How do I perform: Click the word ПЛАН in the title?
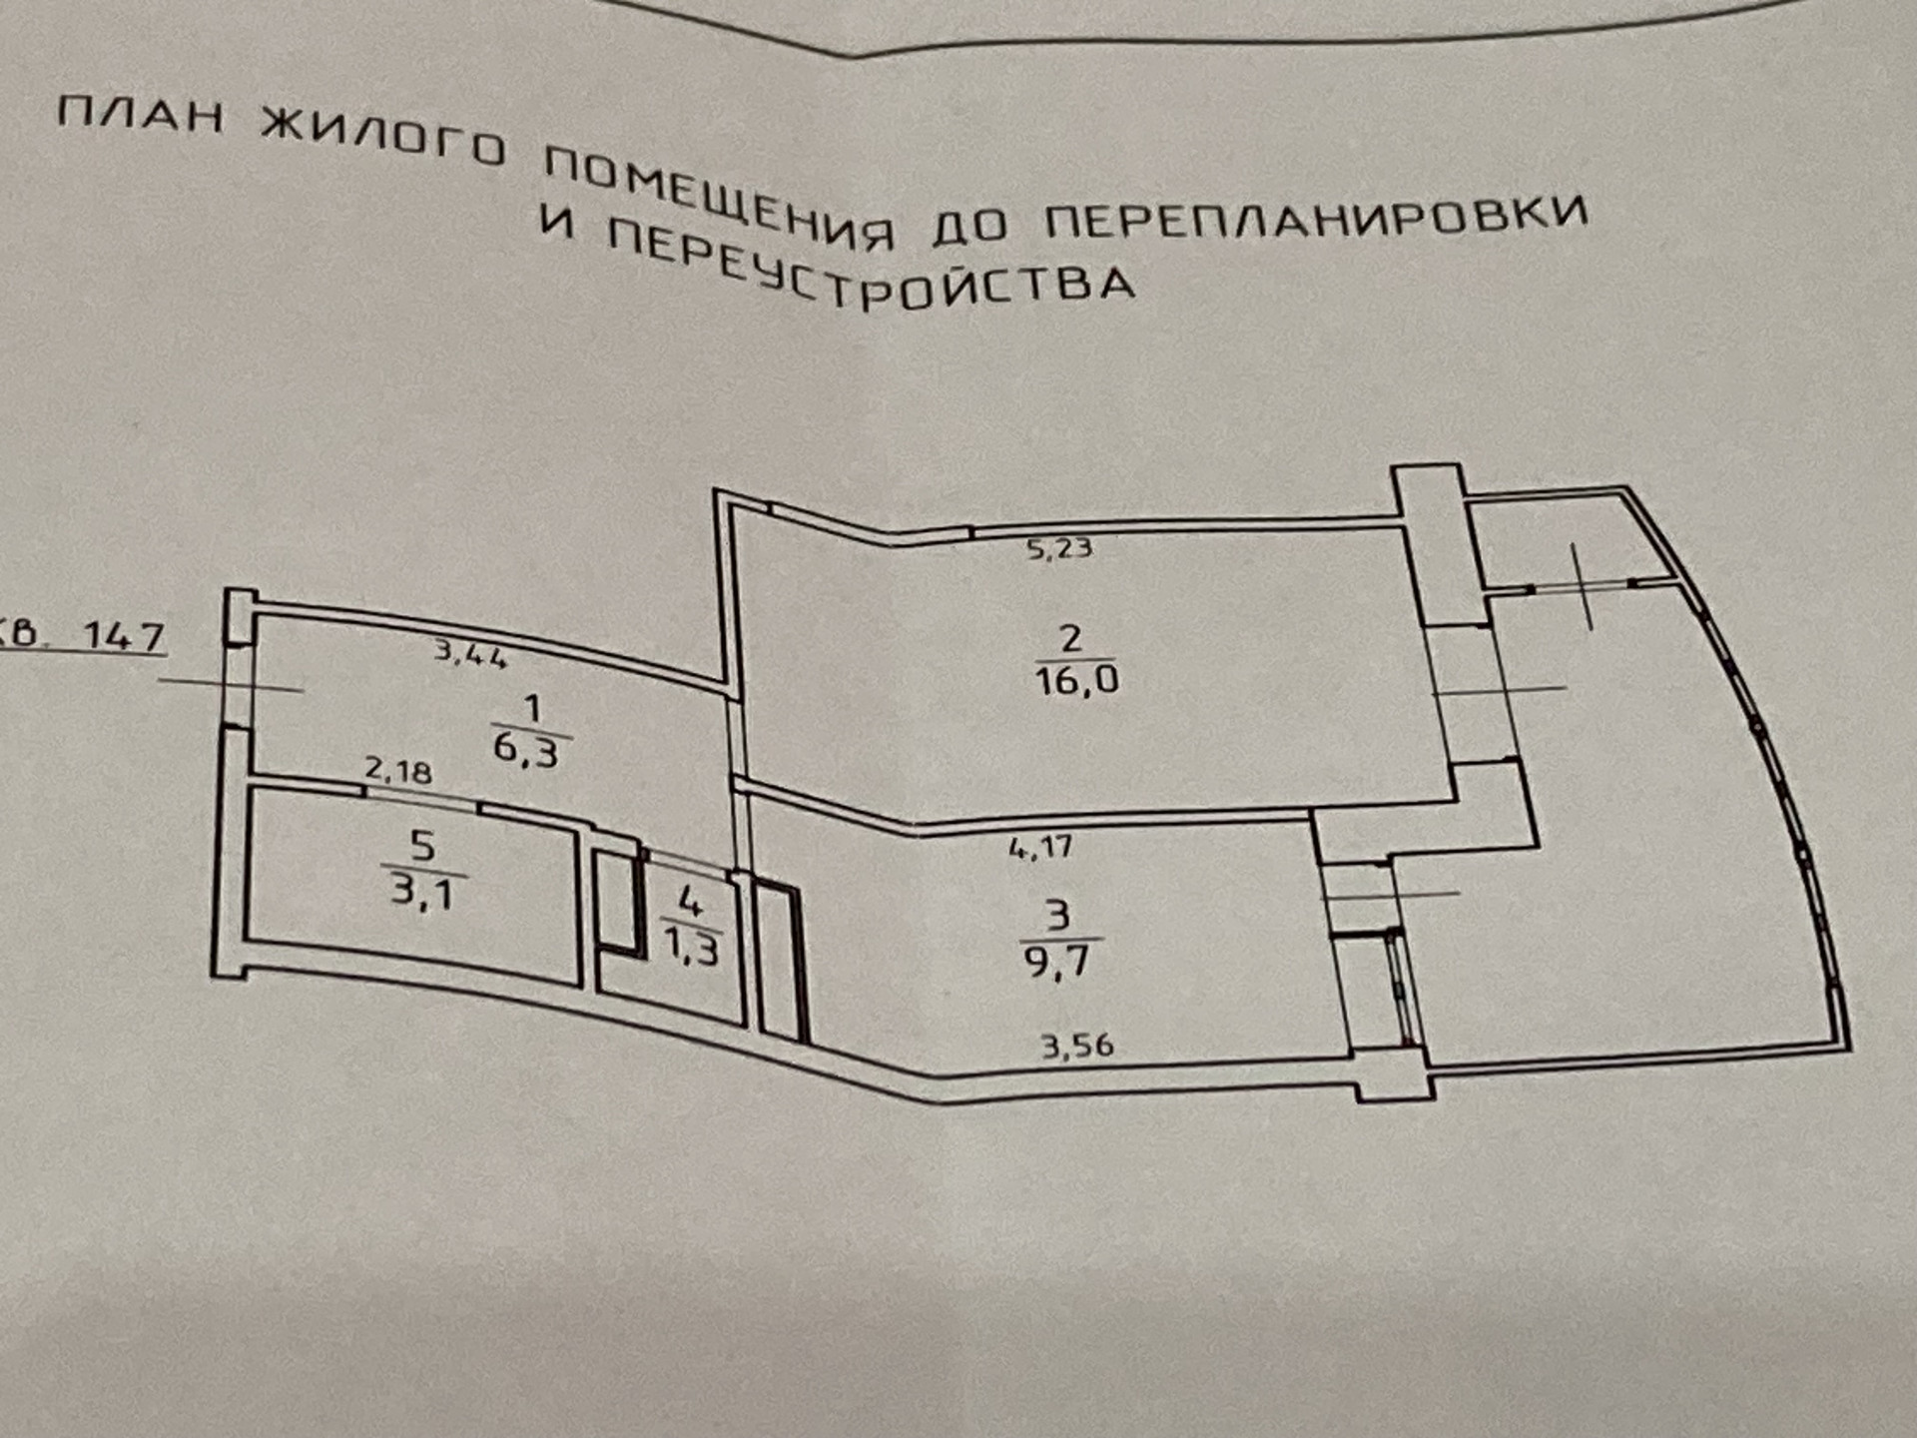pyautogui.click(x=140, y=116)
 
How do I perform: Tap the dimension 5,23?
pyautogui.click(x=1059, y=547)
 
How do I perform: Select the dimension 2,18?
pyautogui.click(x=397, y=771)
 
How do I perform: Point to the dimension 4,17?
pyautogui.click(x=1040, y=849)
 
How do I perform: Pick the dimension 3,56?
pyautogui.click(x=1077, y=1046)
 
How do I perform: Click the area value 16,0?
pyautogui.click(x=1076, y=681)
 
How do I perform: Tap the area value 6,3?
pyautogui.click(x=526, y=749)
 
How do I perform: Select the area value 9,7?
pyautogui.click(x=1057, y=963)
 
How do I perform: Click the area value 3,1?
pyautogui.click(x=421, y=889)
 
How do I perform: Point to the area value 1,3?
pyautogui.click(x=690, y=947)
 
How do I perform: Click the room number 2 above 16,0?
pyautogui.click(x=1070, y=637)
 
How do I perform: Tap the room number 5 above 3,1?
pyautogui.click(x=422, y=846)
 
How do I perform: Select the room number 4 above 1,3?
pyautogui.click(x=689, y=902)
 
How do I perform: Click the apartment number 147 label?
pyautogui.click(x=122, y=635)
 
